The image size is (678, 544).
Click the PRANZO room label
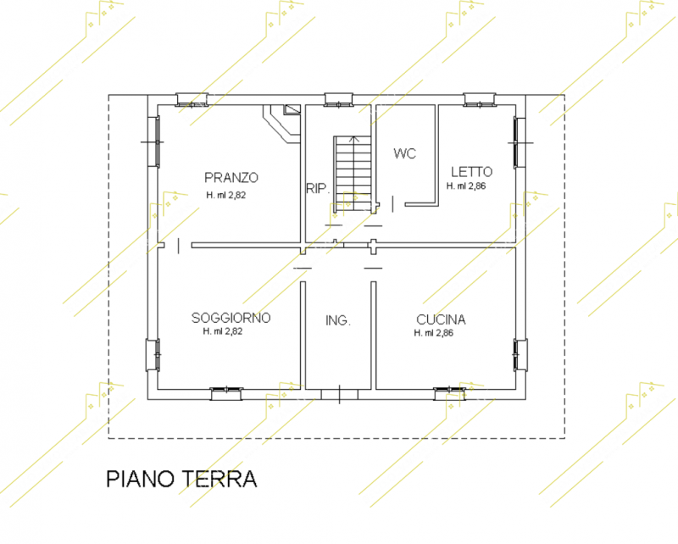(x=231, y=178)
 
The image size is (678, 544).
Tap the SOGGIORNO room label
(x=231, y=319)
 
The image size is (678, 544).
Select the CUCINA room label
(x=441, y=319)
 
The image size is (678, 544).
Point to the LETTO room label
(x=471, y=172)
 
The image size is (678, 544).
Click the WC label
(x=405, y=153)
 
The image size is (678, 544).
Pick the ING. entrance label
(x=337, y=320)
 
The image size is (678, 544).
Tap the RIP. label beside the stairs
(x=318, y=189)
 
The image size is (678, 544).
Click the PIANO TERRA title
(x=181, y=479)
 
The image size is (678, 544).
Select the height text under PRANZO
(x=225, y=195)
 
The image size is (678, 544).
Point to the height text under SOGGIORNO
(x=223, y=331)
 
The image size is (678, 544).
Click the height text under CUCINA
(x=434, y=333)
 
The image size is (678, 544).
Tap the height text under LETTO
(x=466, y=186)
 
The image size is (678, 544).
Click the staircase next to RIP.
(x=353, y=175)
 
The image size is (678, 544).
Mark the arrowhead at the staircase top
(x=353, y=138)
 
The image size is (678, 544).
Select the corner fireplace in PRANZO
(x=282, y=124)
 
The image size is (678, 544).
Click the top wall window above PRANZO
(x=192, y=99)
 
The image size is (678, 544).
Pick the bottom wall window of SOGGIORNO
(x=226, y=394)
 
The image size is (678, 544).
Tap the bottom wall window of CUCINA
(x=450, y=394)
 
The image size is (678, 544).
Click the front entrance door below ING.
(x=340, y=394)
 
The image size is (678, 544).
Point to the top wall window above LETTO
(x=480, y=99)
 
